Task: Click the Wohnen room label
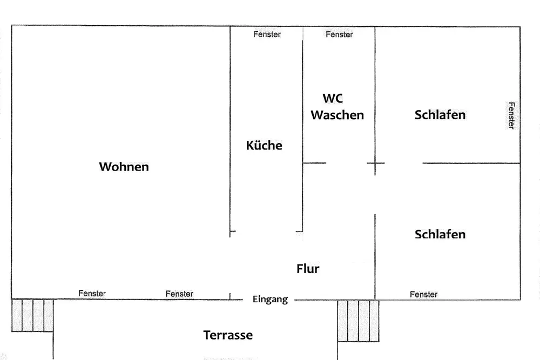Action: (124, 167)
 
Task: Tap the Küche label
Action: (264, 145)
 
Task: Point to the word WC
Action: (333, 98)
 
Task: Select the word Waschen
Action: (337, 115)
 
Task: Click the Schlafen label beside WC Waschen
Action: (440, 115)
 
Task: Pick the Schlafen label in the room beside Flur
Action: (440, 234)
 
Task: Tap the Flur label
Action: (308, 268)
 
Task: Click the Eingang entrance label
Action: (270, 300)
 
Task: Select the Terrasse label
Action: (228, 335)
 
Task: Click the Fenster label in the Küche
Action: (267, 34)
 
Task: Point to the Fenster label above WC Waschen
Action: (339, 35)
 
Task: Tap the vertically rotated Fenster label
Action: (511, 116)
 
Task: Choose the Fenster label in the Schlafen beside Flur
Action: (423, 294)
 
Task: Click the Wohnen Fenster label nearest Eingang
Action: (179, 294)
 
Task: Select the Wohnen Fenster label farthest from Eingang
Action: (92, 293)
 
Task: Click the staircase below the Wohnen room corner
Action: (32, 315)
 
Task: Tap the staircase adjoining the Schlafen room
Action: (358, 321)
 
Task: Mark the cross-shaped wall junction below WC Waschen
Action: (375, 163)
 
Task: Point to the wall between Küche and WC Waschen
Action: (303, 136)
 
